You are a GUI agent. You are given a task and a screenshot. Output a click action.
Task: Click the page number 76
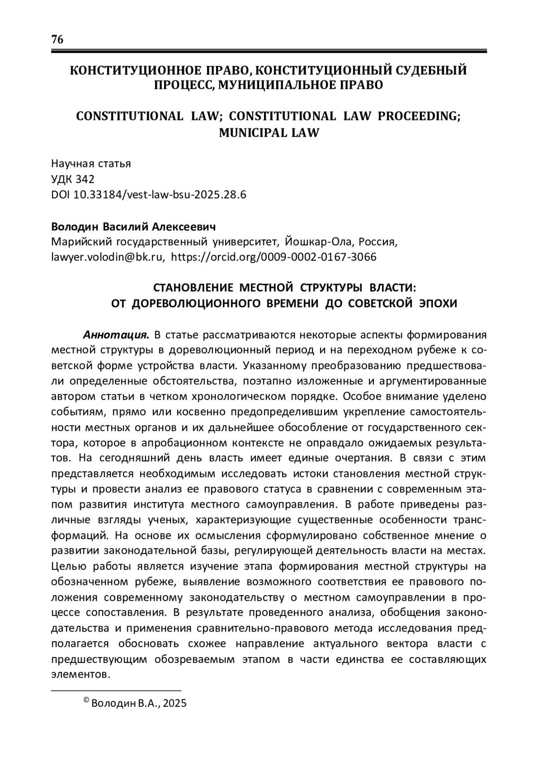click(x=58, y=39)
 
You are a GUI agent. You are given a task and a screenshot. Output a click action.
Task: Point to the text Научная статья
click(x=91, y=164)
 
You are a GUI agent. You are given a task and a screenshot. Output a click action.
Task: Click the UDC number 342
click(x=85, y=179)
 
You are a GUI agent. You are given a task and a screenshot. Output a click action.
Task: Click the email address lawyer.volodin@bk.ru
click(x=107, y=257)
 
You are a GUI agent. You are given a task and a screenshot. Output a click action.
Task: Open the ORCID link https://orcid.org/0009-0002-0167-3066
click(x=274, y=257)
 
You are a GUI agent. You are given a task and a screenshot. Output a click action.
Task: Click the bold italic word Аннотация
click(x=116, y=335)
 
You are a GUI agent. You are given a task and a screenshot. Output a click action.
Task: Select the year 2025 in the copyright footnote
click(x=174, y=704)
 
